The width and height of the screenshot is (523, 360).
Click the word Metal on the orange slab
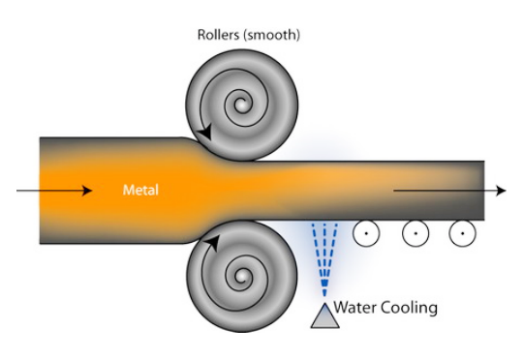[140, 190]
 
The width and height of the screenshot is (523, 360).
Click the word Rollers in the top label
[219, 35]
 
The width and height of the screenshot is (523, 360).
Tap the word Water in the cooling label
[355, 307]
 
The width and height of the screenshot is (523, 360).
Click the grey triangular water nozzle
[325, 315]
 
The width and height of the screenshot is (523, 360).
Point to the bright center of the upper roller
[241, 105]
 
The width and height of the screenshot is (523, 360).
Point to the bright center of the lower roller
[241, 277]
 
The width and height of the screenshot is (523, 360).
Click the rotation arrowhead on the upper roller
[205, 132]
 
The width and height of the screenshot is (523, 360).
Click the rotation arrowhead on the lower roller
[212, 242]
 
